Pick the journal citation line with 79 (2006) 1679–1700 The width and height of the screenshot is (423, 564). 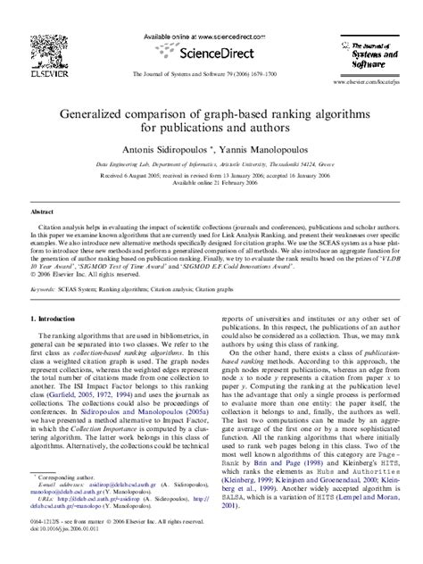click(211, 75)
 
